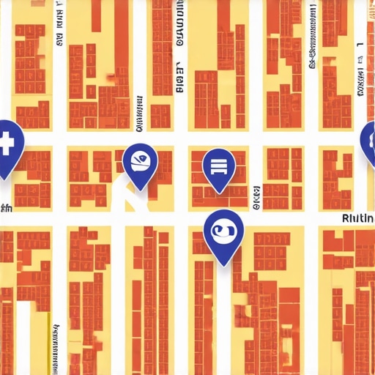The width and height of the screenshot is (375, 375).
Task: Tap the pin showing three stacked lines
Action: click(x=218, y=167)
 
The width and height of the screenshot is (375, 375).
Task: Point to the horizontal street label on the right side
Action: click(x=358, y=218)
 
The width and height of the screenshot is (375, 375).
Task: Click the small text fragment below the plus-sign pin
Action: click(x=6, y=208)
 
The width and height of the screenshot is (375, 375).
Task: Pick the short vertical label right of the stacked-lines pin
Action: click(x=256, y=196)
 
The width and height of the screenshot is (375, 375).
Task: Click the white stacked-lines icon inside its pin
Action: click(x=218, y=165)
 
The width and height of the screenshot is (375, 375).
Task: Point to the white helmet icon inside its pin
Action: click(x=139, y=160)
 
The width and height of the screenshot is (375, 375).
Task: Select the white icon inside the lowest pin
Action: click(x=223, y=231)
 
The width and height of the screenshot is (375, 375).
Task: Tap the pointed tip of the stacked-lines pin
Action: click(x=218, y=193)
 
